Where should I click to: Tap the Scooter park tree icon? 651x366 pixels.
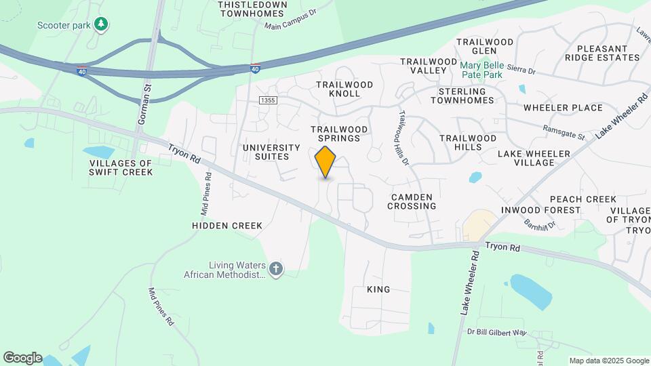tap(101, 25)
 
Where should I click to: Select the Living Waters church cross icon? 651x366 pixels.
tap(275, 269)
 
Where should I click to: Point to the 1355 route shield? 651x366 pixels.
tap(268, 100)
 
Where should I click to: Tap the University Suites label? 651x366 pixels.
tap(271, 152)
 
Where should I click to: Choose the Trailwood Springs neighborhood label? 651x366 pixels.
tap(339, 134)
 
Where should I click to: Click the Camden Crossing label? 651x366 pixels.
tap(412, 201)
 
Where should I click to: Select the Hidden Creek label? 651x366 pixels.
tap(226, 226)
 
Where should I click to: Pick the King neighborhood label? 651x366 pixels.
tap(378, 289)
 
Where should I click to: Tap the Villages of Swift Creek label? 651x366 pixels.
tap(121, 167)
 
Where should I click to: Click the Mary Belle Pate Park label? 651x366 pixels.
tap(481, 70)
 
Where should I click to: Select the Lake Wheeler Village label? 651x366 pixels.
tap(534, 158)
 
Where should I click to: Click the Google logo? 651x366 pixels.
tap(22, 358)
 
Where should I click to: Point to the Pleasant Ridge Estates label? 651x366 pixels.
tap(608, 53)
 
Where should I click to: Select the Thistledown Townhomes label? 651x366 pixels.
tap(252, 9)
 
